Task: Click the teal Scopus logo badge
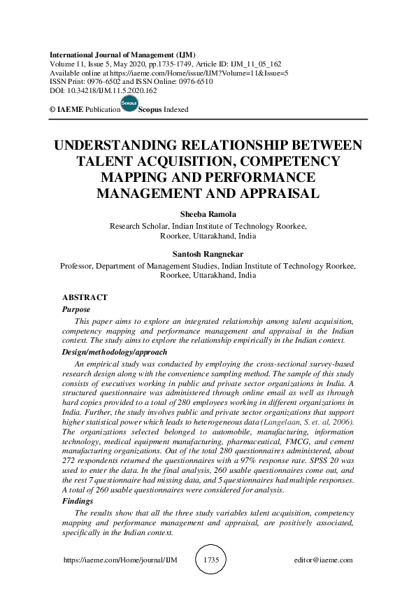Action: (129, 104)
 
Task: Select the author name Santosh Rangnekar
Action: (208, 255)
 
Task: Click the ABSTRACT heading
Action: (85, 297)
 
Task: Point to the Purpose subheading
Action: (76, 308)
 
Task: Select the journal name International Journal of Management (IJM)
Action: (122, 55)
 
